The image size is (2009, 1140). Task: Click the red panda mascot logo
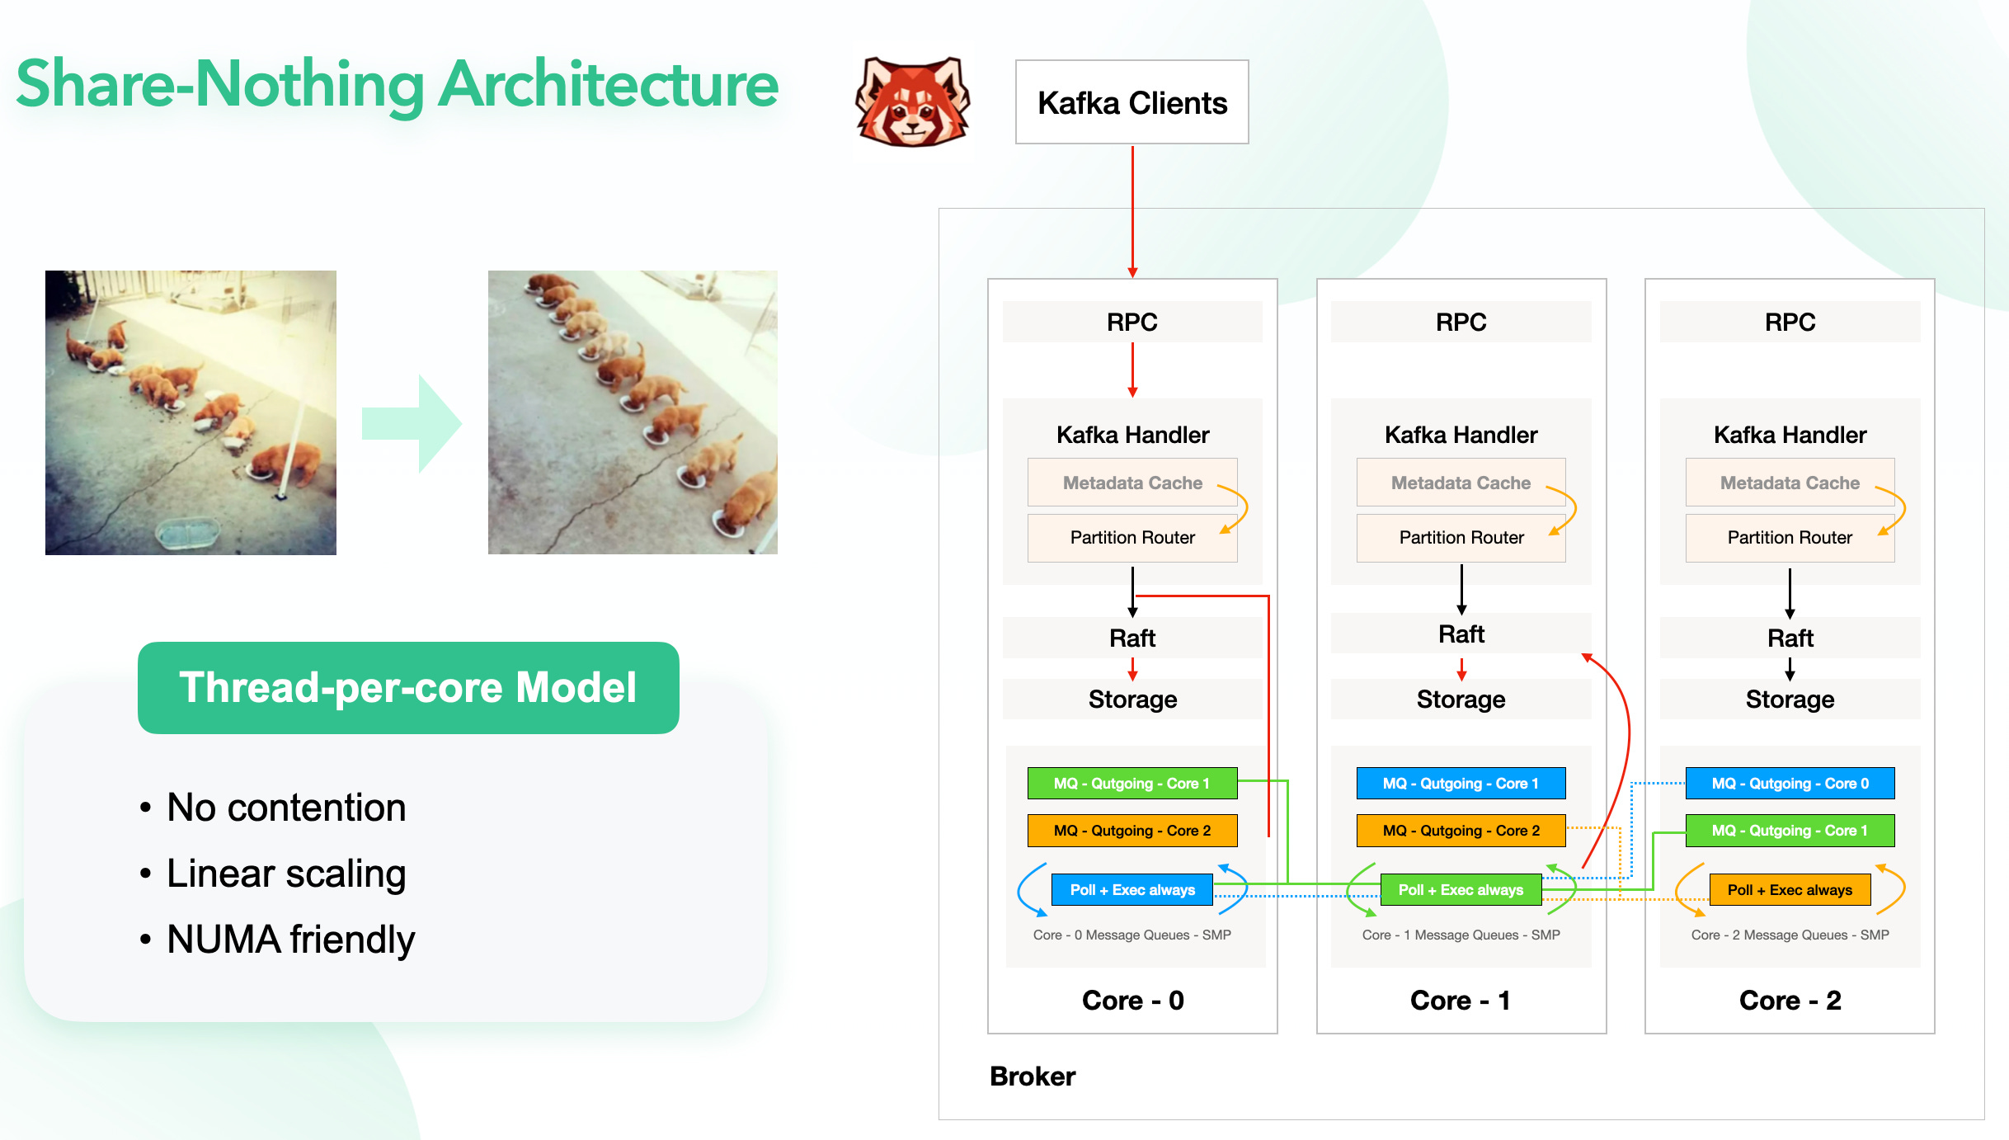coord(913,101)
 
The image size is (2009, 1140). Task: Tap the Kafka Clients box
coord(1132,102)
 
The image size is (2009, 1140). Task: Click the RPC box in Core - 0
coord(1132,322)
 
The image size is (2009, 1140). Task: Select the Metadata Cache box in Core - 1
coord(1460,483)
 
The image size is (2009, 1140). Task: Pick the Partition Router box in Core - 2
coord(1789,538)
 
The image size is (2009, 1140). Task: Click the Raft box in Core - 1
coord(1461,634)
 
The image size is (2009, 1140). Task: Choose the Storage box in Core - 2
coord(1789,700)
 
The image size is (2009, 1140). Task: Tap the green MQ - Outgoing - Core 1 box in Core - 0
coord(1132,784)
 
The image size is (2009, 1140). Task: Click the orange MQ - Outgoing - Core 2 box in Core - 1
coord(1461,831)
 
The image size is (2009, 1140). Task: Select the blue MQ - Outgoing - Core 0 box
coord(1789,784)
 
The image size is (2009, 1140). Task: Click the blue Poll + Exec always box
coord(1132,890)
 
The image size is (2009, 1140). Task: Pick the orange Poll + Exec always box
coord(1789,890)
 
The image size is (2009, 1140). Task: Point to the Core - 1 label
coord(1460,1001)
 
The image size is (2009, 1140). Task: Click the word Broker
coord(1033,1076)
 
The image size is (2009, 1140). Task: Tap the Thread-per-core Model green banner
coord(408,688)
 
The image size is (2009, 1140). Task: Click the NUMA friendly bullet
coord(290,940)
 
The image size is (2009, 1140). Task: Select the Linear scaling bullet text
coord(286,874)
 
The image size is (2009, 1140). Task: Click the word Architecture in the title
coord(608,84)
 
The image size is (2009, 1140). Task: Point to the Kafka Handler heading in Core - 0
coord(1132,435)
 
